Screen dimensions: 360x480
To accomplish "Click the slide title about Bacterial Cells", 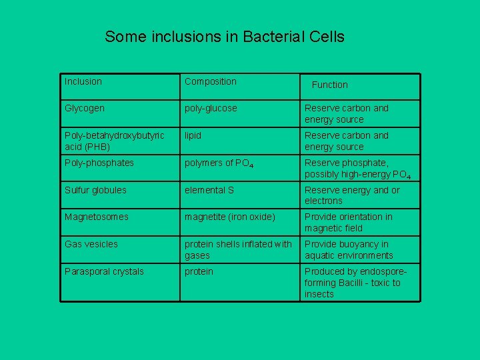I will [225, 37].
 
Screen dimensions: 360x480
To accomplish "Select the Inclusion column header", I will [83, 81].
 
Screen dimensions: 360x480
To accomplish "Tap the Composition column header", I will [211, 81].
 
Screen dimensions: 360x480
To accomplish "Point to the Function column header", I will [330, 85].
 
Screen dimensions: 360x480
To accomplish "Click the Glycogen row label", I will [85, 108].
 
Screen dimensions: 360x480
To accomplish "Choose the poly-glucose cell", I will [211, 108].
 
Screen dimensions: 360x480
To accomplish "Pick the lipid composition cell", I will [193, 135].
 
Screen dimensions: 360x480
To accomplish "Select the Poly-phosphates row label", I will [99, 163].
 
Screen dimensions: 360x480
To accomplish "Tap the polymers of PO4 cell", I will [219, 163].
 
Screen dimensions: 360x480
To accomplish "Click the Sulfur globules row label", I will [95, 190].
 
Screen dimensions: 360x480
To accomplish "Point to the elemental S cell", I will [209, 190].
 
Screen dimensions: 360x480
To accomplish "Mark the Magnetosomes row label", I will [97, 217].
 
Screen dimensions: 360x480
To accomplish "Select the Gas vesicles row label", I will [91, 244].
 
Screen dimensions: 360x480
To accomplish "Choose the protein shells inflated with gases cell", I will [238, 249].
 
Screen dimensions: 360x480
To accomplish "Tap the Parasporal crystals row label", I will [104, 271].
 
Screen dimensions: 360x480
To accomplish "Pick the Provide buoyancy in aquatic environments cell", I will [349, 249].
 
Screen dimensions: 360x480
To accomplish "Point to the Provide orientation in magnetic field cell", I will [349, 222].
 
